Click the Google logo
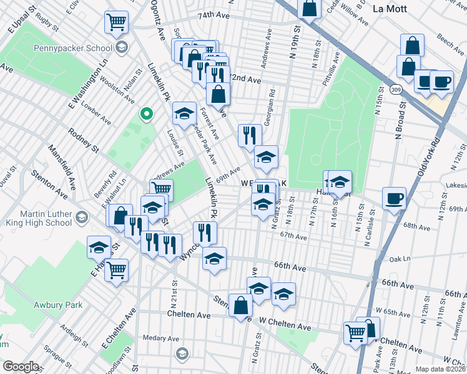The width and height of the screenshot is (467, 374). [21, 367]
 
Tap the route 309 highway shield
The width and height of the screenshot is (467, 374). [397, 90]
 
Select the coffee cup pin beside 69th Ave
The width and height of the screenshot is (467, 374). [393, 199]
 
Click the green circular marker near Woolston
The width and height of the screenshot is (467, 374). [147, 113]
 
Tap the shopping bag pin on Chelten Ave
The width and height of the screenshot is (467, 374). [241, 305]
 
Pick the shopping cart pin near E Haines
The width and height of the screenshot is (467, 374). [116, 271]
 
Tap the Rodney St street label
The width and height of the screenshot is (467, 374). [84, 141]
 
